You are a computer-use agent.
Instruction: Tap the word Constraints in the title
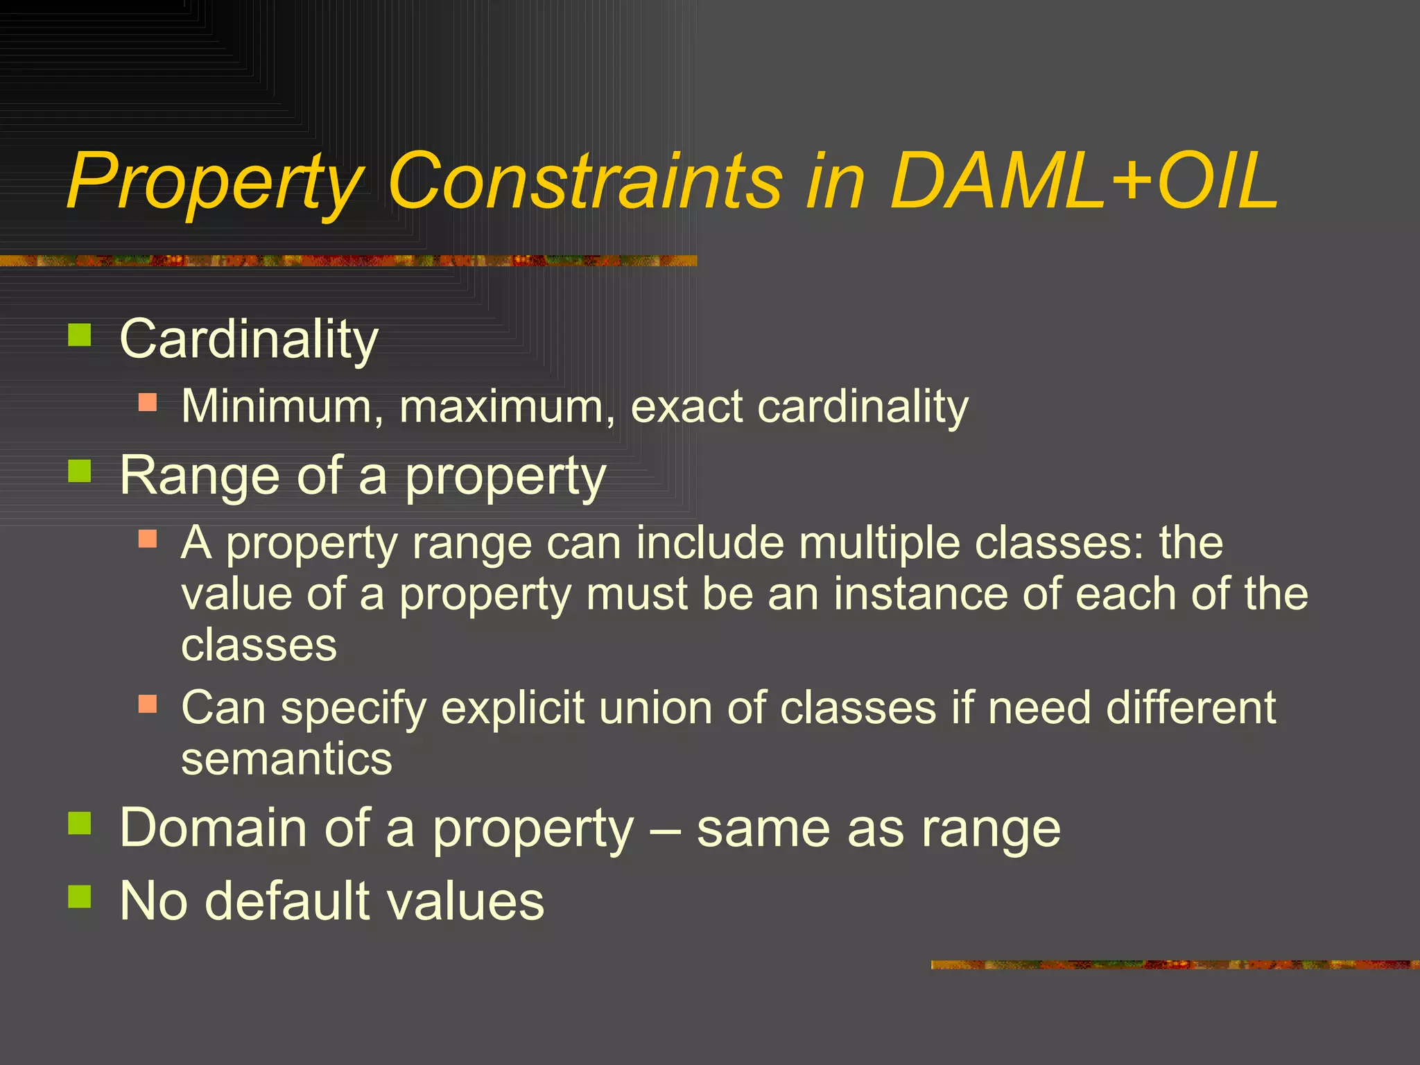pos(585,182)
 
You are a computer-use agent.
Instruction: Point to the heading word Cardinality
pos(248,340)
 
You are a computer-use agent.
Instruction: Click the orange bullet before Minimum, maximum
pos(148,402)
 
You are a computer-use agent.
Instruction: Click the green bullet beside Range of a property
pos(80,471)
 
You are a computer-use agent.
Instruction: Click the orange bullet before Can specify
pos(148,705)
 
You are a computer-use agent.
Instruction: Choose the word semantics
pos(286,759)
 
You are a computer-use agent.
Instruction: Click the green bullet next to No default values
pos(80,897)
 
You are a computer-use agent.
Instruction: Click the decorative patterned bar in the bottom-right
pos(1175,964)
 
